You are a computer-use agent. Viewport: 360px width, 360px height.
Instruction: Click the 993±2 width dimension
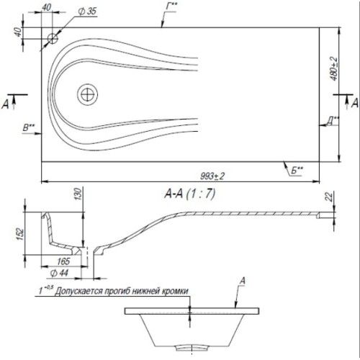(212, 176)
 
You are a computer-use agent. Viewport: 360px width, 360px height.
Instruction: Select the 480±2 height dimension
(333, 68)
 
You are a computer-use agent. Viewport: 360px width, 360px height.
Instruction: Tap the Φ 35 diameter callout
(87, 11)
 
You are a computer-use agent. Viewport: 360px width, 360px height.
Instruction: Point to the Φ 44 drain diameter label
(59, 273)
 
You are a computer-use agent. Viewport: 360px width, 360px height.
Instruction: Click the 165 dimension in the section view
(63, 261)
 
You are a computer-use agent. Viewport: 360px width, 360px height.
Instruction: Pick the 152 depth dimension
(20, 233)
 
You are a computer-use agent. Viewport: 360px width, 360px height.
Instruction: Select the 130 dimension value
(78, 194)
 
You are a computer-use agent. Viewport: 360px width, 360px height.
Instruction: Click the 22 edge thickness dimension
(330, 197)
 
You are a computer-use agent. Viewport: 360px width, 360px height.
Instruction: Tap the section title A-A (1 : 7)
(190, 194)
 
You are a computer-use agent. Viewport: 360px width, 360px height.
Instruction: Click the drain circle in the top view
(88, 94)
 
